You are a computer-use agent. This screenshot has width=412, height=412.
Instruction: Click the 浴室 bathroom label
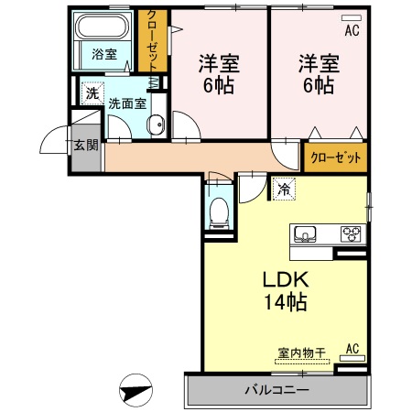[x=104, y=54]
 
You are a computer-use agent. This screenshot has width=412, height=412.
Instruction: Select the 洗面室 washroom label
[x=127, y=103]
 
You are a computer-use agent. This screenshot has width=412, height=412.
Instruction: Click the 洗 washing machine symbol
[x=92, y=92]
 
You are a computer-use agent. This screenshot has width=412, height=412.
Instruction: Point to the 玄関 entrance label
[x=87, y=145]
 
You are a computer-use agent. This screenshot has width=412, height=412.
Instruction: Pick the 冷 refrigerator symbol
[x=284, y=190]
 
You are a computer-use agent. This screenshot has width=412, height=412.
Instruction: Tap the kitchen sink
[x=304, y=234]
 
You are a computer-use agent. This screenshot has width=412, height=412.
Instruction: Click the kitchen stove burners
[x=352, y=233]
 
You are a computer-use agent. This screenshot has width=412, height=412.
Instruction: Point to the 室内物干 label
[x=302, y=352]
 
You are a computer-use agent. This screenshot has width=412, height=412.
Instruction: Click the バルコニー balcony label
[x=276, y=390]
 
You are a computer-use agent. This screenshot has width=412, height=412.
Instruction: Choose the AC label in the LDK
[x=352, y=349]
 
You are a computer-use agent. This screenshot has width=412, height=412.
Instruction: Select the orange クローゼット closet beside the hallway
[x=335, y=157]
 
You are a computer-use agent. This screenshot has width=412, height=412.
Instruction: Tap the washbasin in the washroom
[x=155, y=124]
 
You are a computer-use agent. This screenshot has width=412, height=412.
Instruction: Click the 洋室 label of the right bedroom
[x=317, y=64]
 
